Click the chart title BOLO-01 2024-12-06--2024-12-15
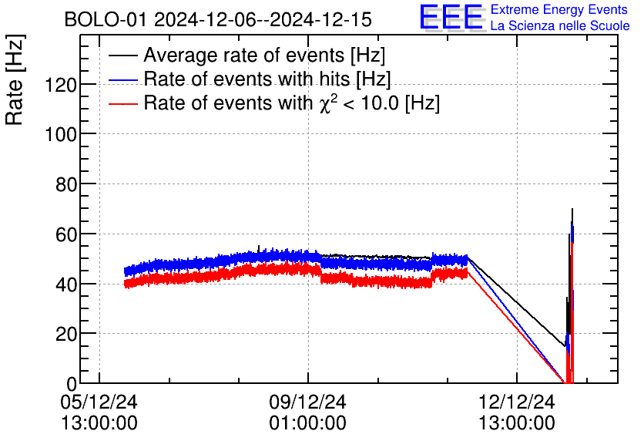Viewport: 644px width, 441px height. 218,19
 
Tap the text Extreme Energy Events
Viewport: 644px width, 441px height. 560,10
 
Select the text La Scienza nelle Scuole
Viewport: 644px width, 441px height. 560,26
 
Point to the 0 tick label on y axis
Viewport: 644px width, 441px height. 71,383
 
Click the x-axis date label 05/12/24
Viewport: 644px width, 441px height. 99,402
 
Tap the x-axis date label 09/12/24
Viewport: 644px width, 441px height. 307,402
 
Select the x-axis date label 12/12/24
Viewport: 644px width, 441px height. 515,402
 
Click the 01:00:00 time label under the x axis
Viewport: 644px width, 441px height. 307,423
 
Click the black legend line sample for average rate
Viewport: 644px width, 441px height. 123,56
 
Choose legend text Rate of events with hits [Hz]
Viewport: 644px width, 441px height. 267,79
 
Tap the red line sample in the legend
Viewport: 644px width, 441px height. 123,103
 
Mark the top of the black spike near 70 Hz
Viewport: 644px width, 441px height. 572,209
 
